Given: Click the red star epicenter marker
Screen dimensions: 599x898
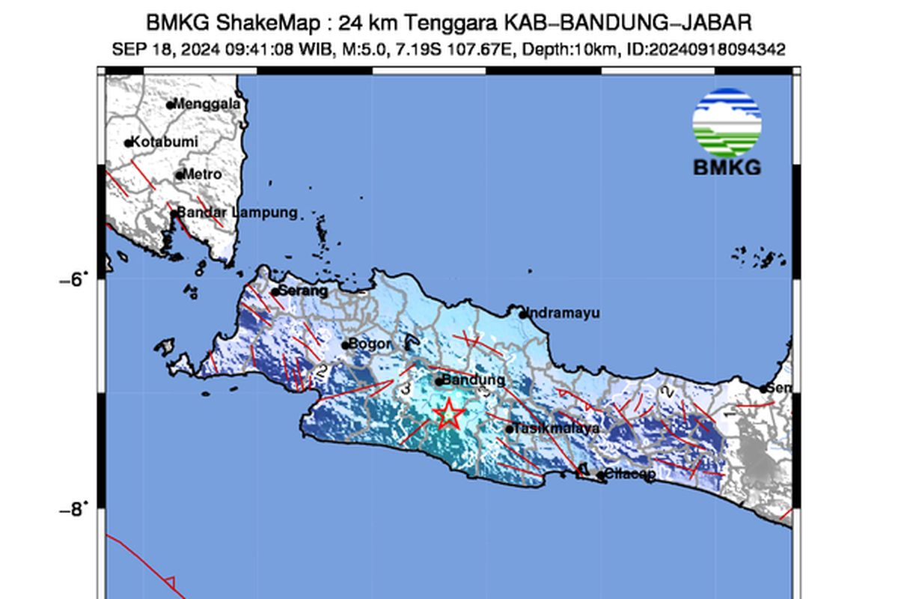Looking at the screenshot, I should (x=448, y=413).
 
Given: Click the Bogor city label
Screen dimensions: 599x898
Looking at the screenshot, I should (x=372, y=344).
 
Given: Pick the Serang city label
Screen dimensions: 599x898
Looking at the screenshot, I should (x=303, y=291).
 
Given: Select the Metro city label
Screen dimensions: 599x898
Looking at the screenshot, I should (x=203, y=174).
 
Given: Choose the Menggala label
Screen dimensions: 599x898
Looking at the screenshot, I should (x=207, y=104).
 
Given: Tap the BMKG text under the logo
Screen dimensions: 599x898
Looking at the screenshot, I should (x=727, y=167).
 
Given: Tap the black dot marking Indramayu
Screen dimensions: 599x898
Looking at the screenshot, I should (x=524, y=314).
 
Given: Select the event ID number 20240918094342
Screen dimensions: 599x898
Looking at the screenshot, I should (x=716, y=49).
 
